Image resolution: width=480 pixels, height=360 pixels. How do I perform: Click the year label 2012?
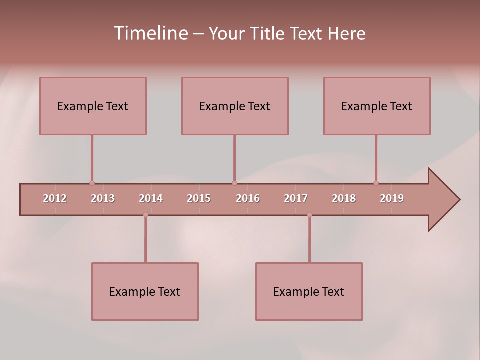tap(55, 198)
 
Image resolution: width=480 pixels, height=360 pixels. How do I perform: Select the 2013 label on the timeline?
tap(103, 198)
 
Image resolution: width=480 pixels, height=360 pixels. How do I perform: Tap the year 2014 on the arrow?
tap(151, 198)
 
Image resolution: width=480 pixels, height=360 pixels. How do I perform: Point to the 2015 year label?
tap(199, 198)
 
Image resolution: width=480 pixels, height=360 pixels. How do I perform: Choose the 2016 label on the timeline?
tap(248, 198)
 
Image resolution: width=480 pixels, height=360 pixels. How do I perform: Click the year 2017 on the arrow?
tap(296, 198)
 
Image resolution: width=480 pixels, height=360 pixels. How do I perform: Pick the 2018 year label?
tap(344, 198)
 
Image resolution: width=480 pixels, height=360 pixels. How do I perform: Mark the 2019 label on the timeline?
tap(392, 198)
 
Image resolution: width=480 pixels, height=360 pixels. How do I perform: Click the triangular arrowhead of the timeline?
tap(442, 200)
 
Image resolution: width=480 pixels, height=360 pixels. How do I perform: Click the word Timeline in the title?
tap(150, 33)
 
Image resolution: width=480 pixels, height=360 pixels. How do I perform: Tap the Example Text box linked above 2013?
tap(93, 106)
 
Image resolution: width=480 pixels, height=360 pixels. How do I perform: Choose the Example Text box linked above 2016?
tap(235, 106)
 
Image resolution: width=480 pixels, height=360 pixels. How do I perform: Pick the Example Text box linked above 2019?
tap(377, 106)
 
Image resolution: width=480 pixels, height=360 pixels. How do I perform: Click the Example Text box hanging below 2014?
tap(145, 291)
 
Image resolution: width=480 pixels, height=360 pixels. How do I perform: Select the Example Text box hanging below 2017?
tap(309, 291)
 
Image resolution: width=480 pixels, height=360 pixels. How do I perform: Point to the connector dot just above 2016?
tap(234, 183)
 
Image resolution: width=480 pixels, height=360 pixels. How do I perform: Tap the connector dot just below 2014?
tap(145, 215)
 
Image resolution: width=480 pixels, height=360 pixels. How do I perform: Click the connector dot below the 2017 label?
tap(309, 215)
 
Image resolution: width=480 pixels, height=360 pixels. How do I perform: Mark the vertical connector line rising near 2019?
tap(376, 157)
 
